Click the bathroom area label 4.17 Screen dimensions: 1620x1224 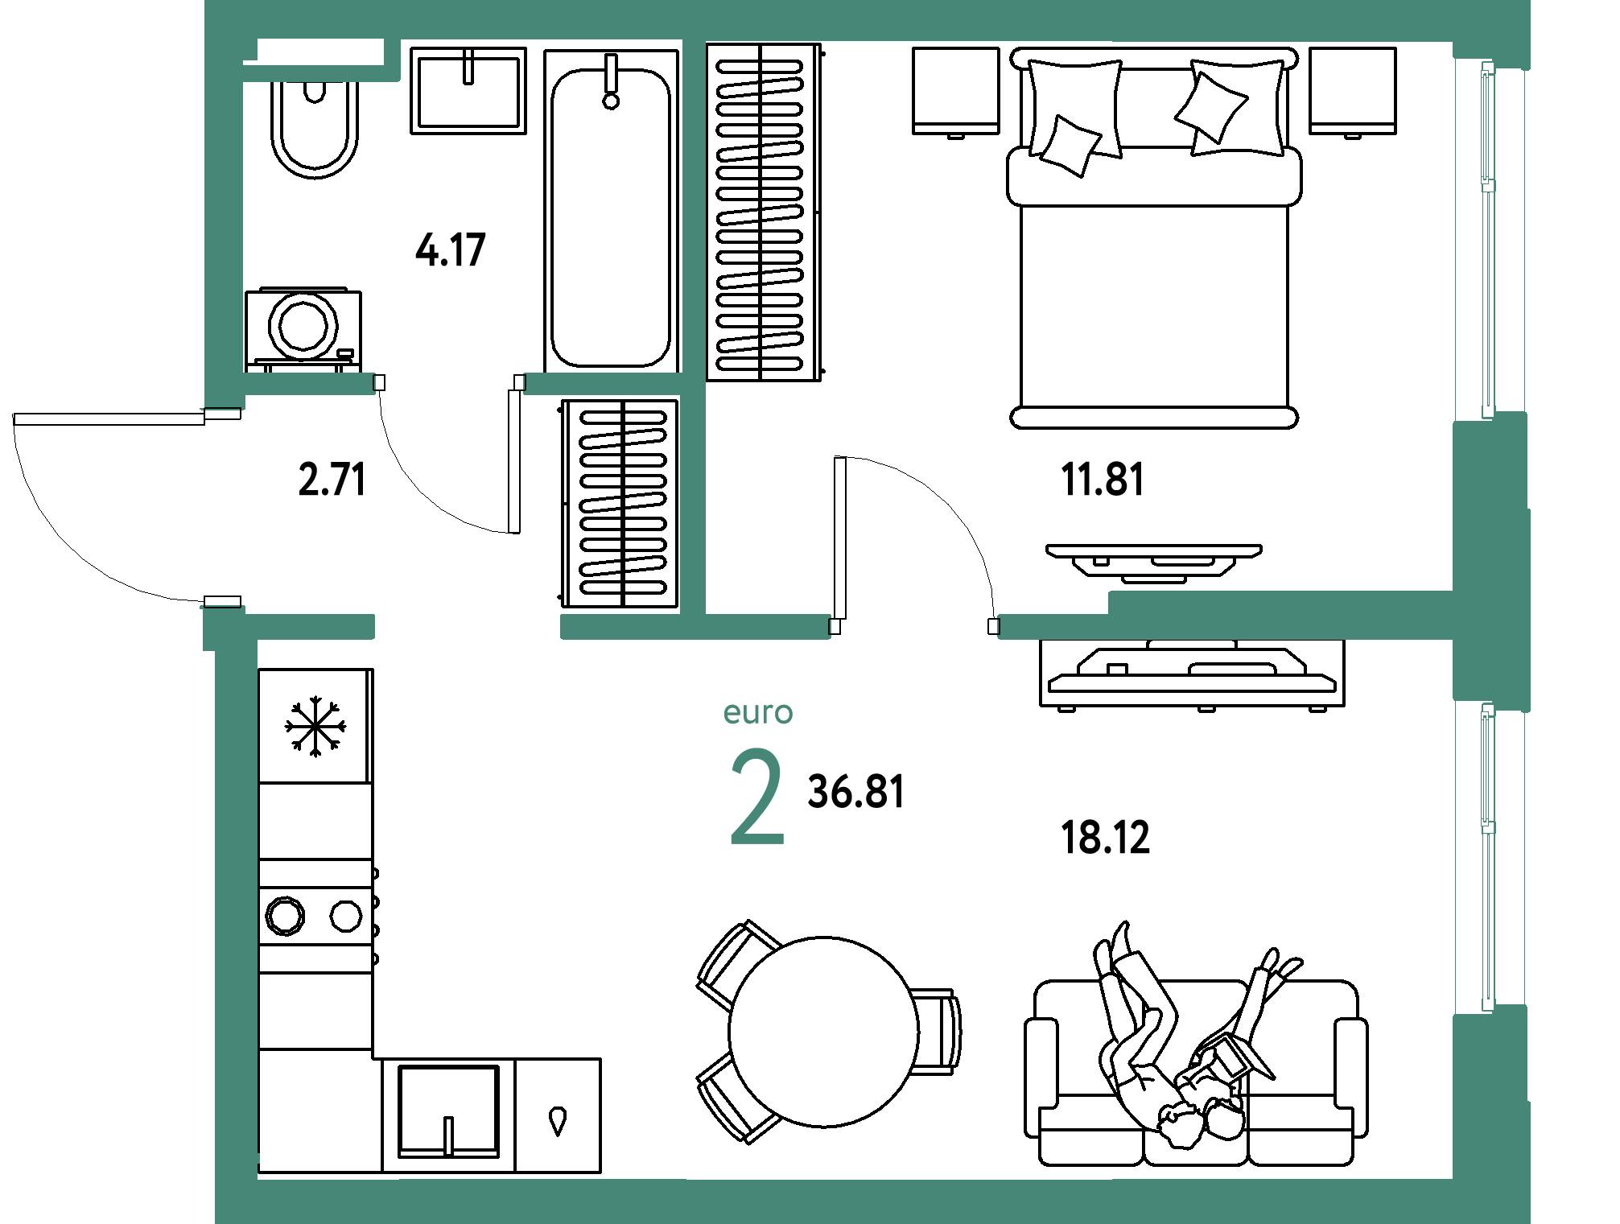click(451, 249)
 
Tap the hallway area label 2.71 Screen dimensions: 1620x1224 click(332, 480)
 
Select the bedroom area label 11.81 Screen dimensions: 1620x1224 click(1102, 480)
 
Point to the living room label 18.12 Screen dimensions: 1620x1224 click(1105, 838)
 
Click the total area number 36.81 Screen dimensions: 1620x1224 click(856, 792)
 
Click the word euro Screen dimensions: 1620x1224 click(758, 713)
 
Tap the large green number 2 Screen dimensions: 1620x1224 click(757, 796)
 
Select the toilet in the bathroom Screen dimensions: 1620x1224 click(315, 129)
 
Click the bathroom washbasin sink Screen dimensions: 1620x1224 click(468, 90)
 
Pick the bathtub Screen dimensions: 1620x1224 click(612, 211)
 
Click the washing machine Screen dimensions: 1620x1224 click(303, 329)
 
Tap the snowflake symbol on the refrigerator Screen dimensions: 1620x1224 click(315, 727)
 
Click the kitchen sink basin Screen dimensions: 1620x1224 click(449, 1111)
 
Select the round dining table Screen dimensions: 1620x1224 click(823, 1032)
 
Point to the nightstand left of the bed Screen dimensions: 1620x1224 click(956, 92)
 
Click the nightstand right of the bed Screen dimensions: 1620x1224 click(1353, 92)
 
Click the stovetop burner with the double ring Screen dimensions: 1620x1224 click(286, 916)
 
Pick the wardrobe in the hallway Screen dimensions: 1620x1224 click(620, 504)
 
